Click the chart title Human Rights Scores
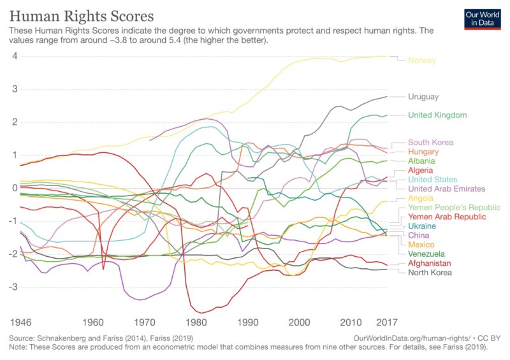[x=82, y=14]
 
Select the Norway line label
[x=422, y=61]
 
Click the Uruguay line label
[x=424, y=97]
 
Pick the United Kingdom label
[x=437, y=115]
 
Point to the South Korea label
[x=430, y=143]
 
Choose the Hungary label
[x=423, y=152]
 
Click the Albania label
[x=422, y=162]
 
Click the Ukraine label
[x=422, y=226]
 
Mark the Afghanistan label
[x=430, y=263]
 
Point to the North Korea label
[x=430, y=273]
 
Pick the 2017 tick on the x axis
[x=387, y=322]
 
